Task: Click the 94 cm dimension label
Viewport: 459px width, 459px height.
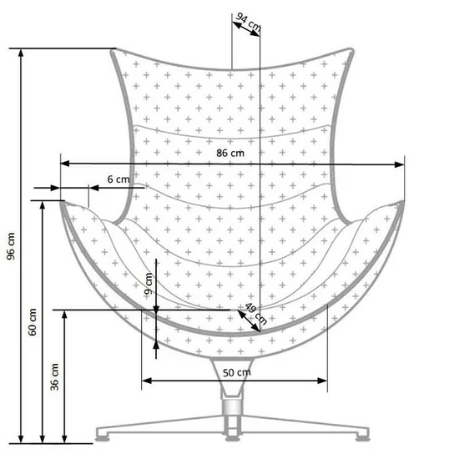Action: point(248,24)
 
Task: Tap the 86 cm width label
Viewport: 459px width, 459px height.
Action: point(230,153)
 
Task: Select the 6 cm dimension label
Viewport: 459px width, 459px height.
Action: point(119,179)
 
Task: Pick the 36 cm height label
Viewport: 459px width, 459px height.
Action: point(55,377)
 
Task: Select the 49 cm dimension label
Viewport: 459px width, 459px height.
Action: point(255,313)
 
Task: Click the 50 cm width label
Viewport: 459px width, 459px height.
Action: point(236,372)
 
